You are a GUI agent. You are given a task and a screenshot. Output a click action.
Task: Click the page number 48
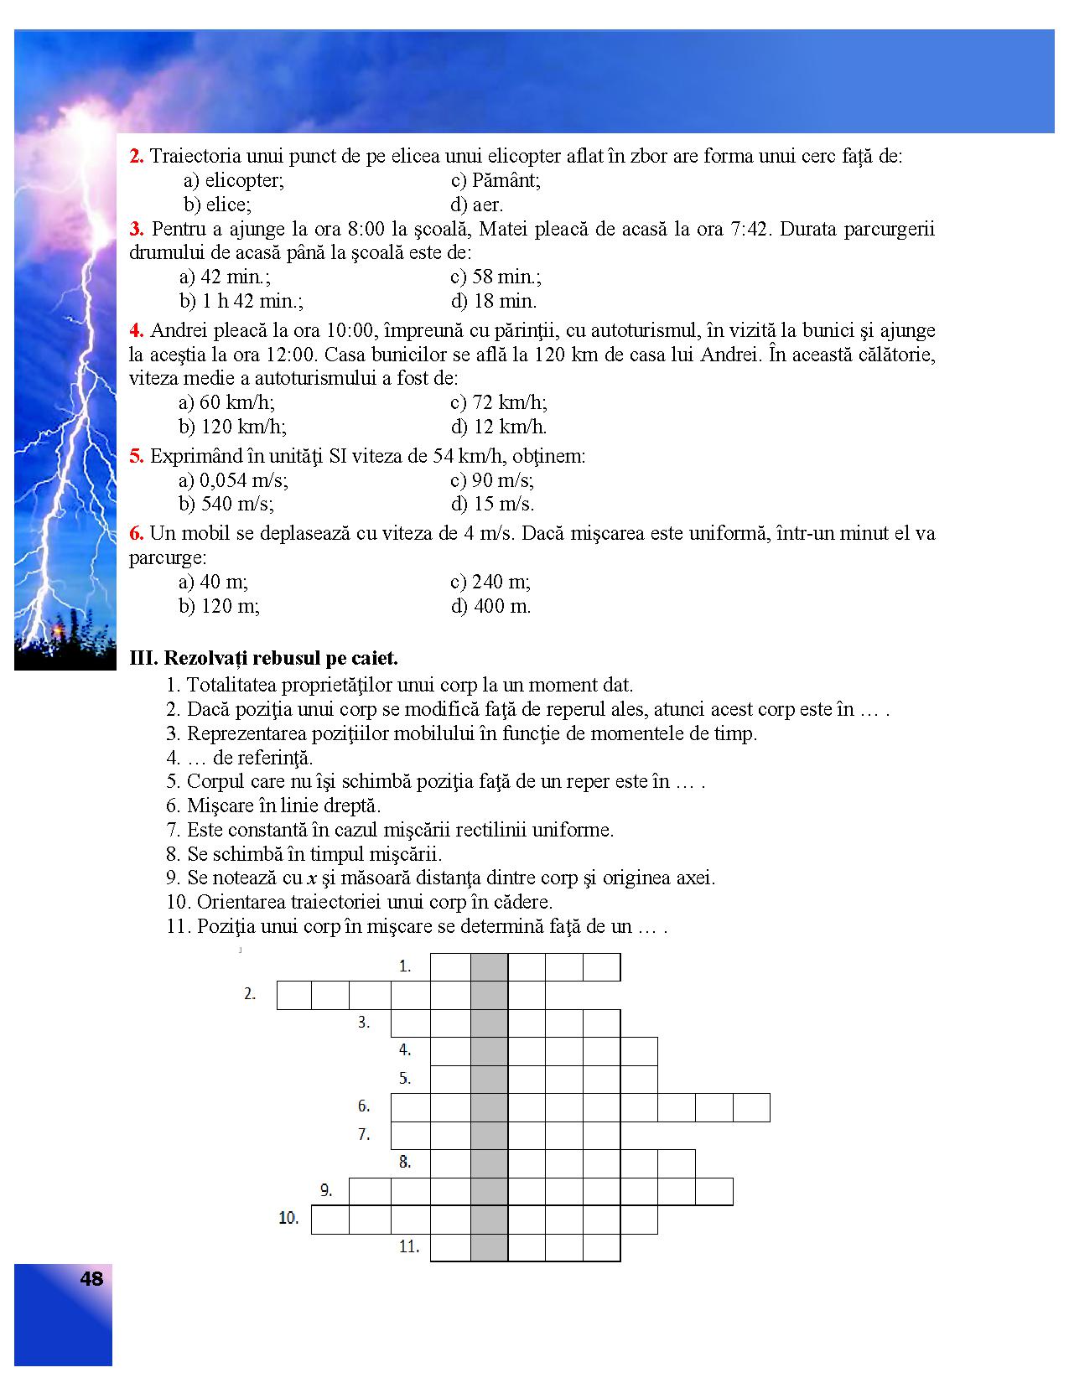pyautogui.click(x=91, y=1278)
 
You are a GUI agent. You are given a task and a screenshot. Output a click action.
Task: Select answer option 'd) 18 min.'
pyautogui.click(x=493, y=301)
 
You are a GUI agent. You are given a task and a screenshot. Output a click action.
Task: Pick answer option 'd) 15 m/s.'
pyautogui.click(x=492, y=504)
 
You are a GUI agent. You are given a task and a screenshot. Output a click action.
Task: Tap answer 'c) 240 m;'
pyautogui.click(x=490, y=582)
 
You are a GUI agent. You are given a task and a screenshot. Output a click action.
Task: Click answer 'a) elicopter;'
pyautogui.click(x=234, y=180)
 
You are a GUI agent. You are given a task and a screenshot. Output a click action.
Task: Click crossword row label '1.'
pyautogui.click(x=405, y=966)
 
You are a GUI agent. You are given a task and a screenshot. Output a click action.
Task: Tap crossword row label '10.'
pyautogui.click(x=288, y=1218)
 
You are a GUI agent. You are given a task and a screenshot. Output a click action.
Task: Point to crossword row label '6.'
pyautogui.click(x=364, y=1106)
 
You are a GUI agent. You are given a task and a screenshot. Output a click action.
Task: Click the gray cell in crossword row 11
pyautogui.click(x=489, y=1247)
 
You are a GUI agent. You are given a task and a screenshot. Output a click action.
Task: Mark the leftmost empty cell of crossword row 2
pyautogui.click(x=294, y=995)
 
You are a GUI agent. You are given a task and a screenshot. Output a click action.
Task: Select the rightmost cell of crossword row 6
pyautogui.click(x=751, y=1107)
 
